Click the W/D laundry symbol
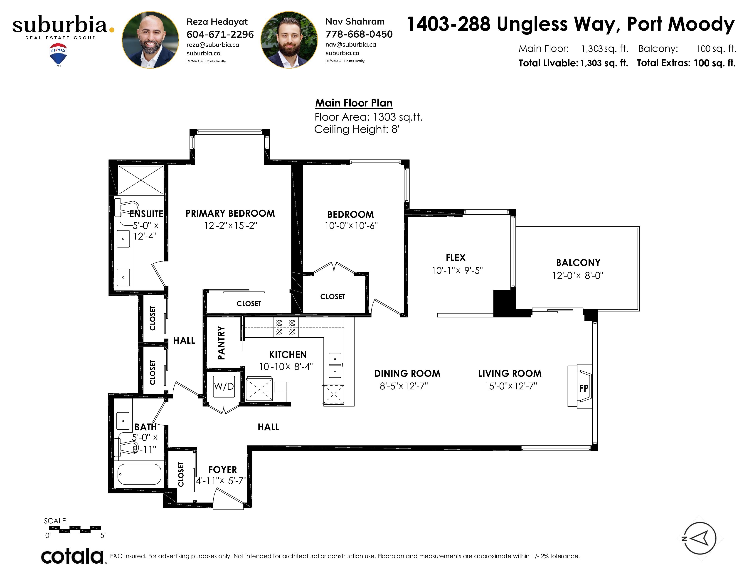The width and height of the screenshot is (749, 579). point(224,387)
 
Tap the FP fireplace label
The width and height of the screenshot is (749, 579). point(584,388)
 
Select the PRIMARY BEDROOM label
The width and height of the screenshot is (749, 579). point(230,213)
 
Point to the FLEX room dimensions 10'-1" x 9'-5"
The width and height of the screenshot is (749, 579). point(457,271)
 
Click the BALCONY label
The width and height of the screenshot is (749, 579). point(578,263)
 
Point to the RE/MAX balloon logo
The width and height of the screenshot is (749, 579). point(58,54)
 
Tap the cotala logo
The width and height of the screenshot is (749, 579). point(72,556)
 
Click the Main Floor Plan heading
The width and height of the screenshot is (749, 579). point(354,103)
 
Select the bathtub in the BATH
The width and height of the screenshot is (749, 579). point(139,474)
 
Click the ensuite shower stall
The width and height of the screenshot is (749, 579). point(141,180)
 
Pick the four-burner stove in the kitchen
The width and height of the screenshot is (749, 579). point(286,327)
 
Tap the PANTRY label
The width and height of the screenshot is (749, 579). point(221,343)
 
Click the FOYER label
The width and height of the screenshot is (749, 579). point(223,470)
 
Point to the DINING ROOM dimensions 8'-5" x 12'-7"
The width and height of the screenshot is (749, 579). point(404,386)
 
